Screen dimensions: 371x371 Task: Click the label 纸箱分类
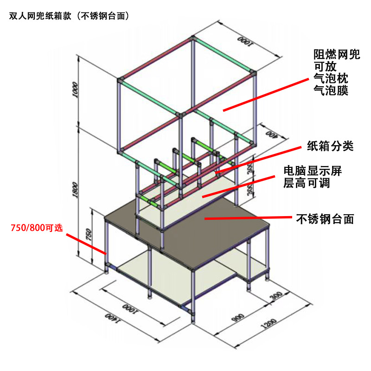[330, 147]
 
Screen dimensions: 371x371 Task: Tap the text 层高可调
[306, 183]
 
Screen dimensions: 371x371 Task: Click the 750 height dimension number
[88, 234]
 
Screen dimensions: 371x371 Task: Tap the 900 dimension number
[238, 317]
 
